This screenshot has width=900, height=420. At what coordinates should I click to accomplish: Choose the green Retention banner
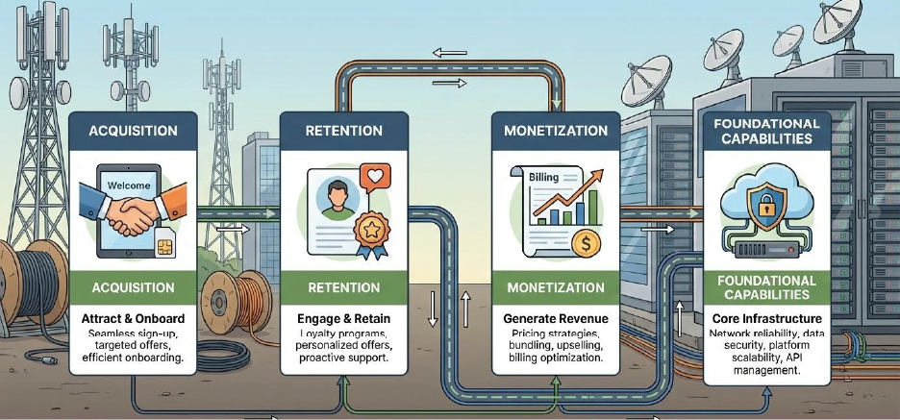tap(343, 287)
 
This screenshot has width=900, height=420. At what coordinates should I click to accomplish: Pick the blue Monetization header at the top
tap(556, 130)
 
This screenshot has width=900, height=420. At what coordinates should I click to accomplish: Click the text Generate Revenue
tap(556, 317)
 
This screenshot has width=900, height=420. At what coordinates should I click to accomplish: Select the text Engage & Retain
tap(343, 317)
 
